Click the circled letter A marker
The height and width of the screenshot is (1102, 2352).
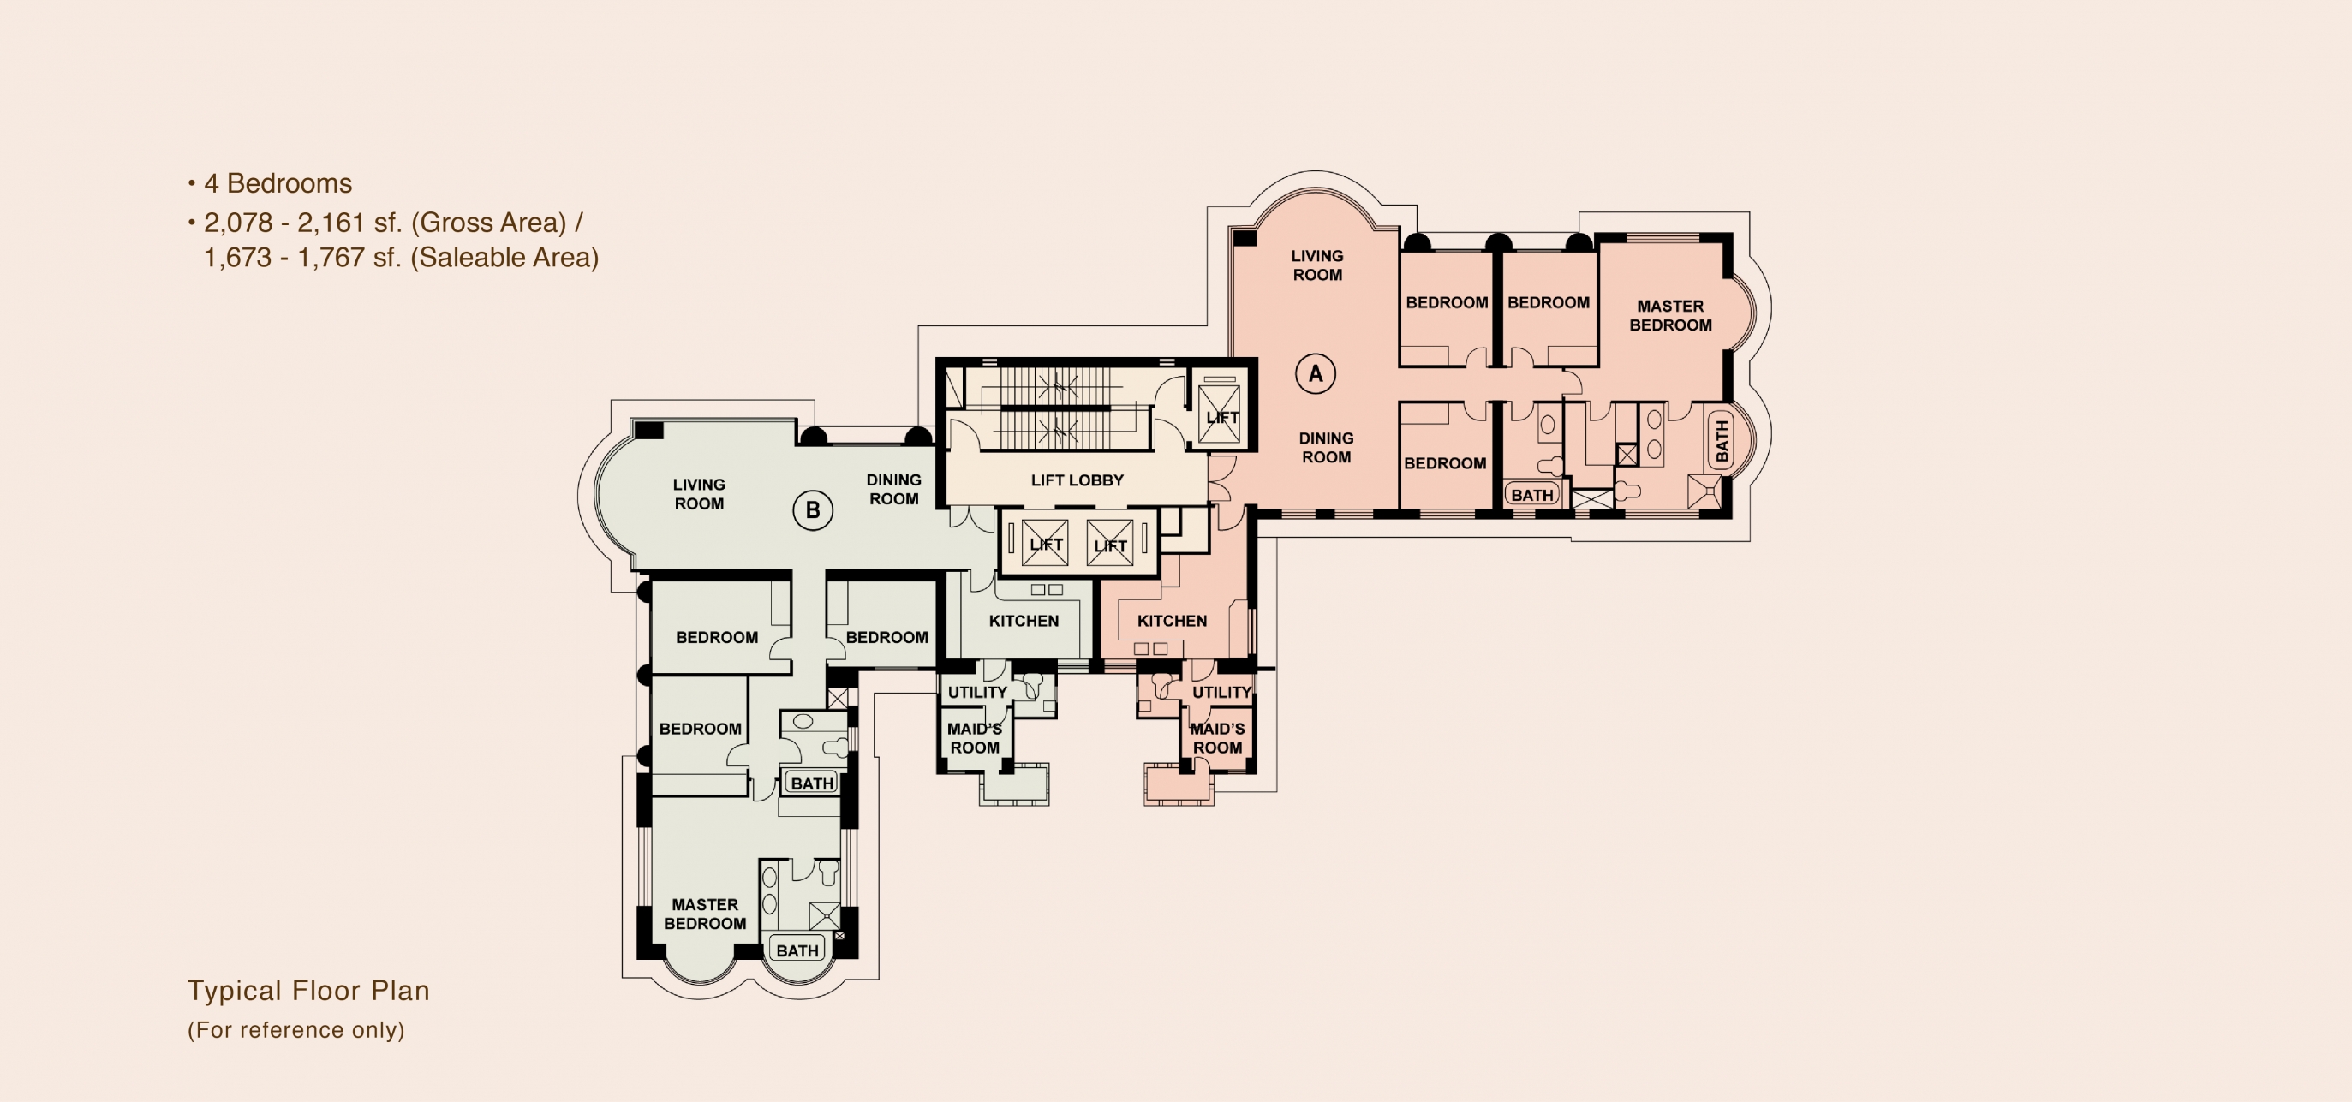pos(1316,373)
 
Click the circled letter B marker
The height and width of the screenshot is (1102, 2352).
pos(813,510)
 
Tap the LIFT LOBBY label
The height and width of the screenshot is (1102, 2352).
pos(1078,480)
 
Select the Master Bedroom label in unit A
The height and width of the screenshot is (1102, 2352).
pos(1670,316)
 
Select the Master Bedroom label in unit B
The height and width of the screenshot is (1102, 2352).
pos(705,914)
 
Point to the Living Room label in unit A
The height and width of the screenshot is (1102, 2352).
pos(1317,265)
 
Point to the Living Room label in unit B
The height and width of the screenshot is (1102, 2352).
pos(700,494)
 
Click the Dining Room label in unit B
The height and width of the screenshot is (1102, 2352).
pos(894,490)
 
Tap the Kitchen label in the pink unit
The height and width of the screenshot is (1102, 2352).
pos(1173,621)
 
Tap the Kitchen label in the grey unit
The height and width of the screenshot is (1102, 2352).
pos(1024,621)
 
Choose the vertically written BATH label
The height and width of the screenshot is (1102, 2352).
pos(1721,441)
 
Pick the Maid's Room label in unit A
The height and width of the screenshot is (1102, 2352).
pos(1217,739)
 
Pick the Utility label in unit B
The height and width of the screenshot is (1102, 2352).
pos(977,692)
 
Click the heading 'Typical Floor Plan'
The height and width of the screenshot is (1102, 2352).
pos(308,992)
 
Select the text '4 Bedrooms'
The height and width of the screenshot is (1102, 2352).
pos(278,183)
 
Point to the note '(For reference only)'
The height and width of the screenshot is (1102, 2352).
pos(295,1030)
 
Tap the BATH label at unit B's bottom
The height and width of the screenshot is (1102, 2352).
pos(797,950)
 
